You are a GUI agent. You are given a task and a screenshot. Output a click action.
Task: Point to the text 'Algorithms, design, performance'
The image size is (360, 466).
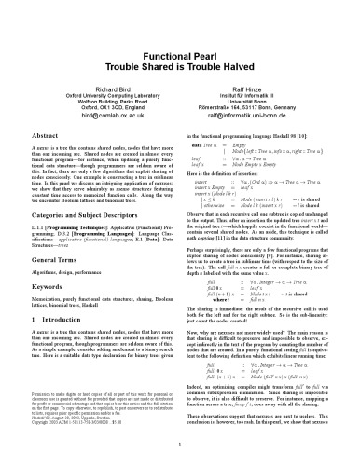click(x=58, y=265)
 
